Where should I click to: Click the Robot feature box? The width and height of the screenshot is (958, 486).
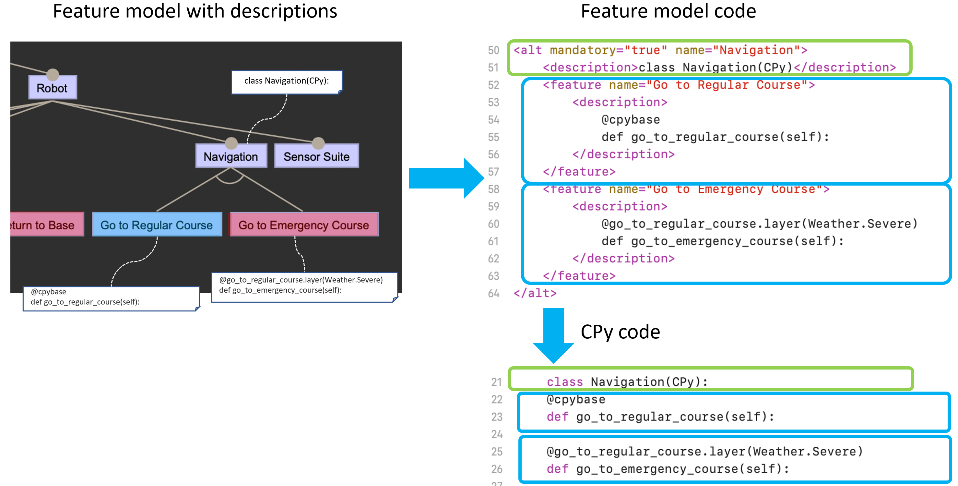pos(53,88)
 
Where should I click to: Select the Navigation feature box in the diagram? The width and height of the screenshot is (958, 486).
pos(231,156)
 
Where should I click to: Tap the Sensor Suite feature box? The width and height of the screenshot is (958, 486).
pos(316,156)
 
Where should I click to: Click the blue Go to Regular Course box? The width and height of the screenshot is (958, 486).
pos(157,225)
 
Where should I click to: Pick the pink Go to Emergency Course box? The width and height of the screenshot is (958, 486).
pos(304,225)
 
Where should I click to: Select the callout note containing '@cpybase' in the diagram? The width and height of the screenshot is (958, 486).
pos(111,298)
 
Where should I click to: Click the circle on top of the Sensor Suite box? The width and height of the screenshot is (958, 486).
pos(318,143)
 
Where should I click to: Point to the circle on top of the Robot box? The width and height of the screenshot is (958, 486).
pos(53,74)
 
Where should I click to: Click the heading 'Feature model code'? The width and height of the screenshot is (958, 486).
pos(668,11)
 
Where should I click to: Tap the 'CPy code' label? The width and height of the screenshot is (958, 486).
pos(620,332)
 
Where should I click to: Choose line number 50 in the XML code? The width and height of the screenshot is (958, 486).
pos(493,50)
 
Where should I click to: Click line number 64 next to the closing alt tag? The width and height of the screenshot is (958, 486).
pos(493,294)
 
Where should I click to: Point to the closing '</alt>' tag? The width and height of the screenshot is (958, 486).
pos(535,294)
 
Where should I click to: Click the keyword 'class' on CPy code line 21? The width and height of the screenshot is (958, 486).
pos(564,382)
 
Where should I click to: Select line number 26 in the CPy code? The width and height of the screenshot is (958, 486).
pos(496,469)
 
